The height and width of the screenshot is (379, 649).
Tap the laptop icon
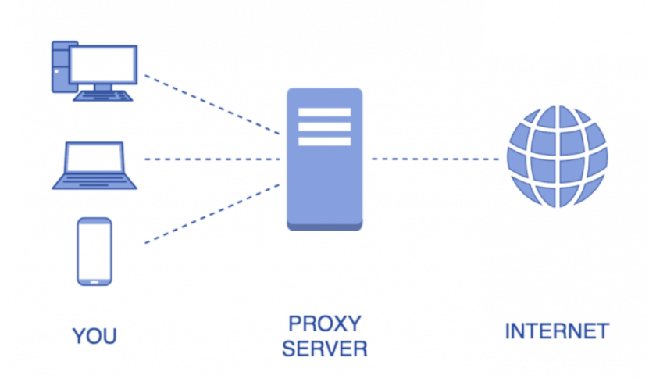point(94,165)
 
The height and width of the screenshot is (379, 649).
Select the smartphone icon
point(94,251)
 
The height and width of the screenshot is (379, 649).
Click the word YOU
point(94,337)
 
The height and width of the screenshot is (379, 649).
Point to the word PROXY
point(324,323)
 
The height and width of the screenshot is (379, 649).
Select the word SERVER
point(324,348)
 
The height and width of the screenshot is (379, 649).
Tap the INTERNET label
point(556,331)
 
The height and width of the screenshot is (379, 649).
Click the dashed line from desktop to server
point(211,103)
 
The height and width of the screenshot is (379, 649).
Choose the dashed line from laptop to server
point(211,159)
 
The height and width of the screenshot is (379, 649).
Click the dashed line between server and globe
point(434,159)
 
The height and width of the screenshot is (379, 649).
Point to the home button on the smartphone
point(94,278)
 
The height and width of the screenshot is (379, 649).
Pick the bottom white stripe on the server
point(324,141)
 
